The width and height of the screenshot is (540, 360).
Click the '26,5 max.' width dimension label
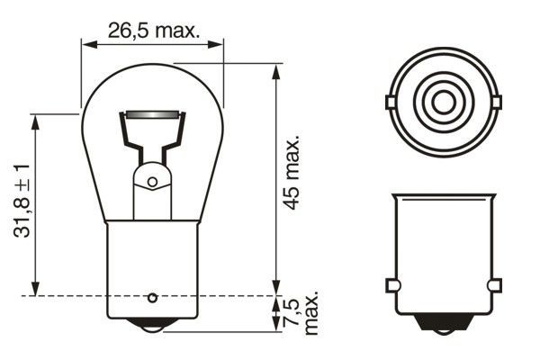click(x=152, y=29)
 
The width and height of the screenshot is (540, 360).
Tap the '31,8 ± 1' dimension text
click(x=21, y=200)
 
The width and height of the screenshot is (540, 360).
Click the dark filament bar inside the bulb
click(x=151, y=116)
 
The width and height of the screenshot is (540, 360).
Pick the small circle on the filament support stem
click(x=152, y=182)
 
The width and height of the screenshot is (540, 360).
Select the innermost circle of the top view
click(x=442, y=102)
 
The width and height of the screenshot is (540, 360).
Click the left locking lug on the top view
click(x=389, y=102)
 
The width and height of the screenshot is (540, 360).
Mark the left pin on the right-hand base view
click(x=391, y=285)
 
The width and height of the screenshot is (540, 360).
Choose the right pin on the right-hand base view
click(x=493, y=285)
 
